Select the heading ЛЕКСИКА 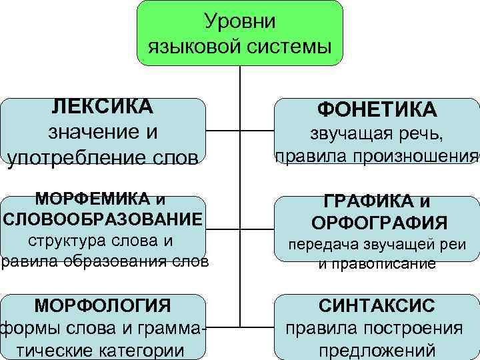(103, 107)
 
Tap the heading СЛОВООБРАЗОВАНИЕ (103, 219)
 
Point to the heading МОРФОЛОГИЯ (103, 306)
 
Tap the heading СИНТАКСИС (377, 306)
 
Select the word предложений (377, 350)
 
